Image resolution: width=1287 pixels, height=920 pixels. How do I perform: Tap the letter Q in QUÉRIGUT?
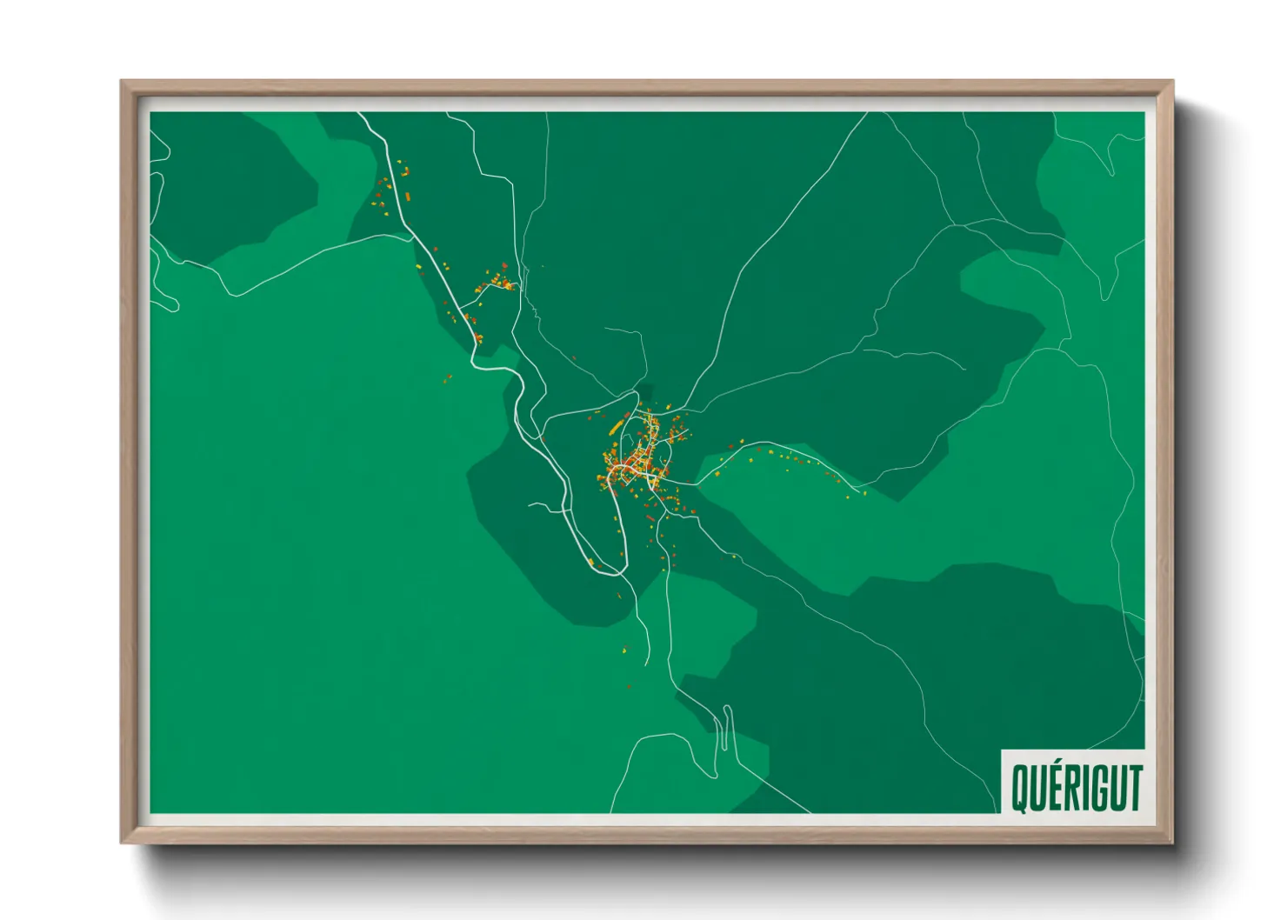pyautogui.click(x=1020, y=788)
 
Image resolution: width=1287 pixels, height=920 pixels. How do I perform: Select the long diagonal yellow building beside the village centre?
pyautogui.click(x=617, y=427)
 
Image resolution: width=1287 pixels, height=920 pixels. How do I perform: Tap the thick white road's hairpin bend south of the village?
pyautogui.click(x=616, y=571)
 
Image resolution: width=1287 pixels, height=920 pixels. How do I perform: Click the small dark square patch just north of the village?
pyautogui.click(x=643, y=392)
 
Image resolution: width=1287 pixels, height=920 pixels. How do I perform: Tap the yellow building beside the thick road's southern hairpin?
pyautogui.click(x=592, y=563)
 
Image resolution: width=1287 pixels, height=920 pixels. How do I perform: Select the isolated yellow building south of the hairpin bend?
pyautogui.click(x=624, y=649)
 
